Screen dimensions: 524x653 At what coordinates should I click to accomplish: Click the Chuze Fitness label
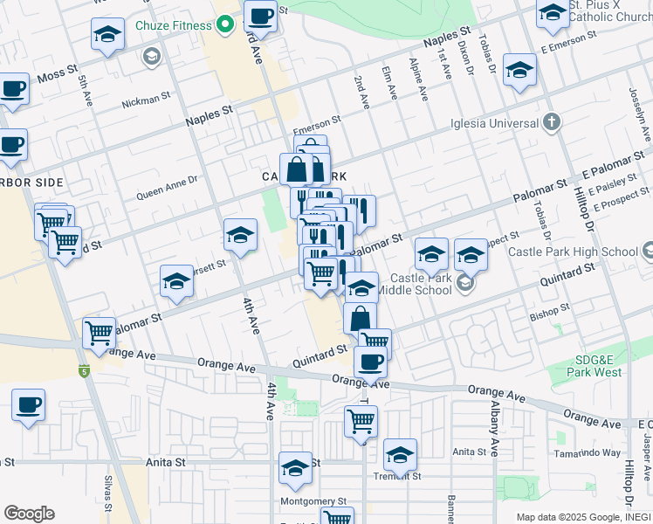(x=173, y=25)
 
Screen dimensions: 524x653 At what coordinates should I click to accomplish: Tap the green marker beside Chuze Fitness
(x=224, y=24)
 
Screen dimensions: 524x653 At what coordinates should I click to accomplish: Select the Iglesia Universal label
(x=493, y=123)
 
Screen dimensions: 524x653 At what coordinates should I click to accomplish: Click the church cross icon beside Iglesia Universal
(x=551, y=122)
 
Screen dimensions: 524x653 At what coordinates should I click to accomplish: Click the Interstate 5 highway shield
(x=84, y=370)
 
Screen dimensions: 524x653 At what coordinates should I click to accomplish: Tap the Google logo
(x=29, y=514)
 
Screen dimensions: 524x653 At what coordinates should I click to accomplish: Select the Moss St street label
(x=58, y=77)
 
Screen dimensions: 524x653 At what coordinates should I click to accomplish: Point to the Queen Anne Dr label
(x=167, y=190)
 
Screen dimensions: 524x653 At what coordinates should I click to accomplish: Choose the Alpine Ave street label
(x=419, y=80)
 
